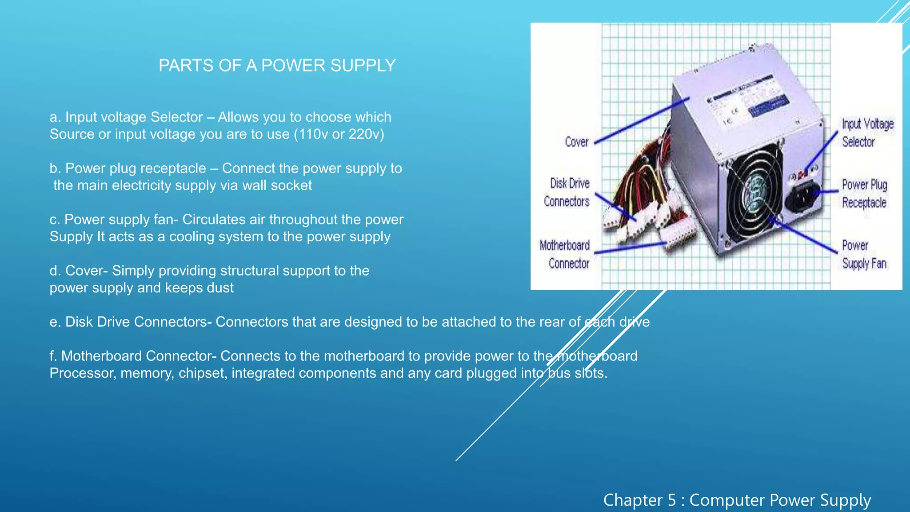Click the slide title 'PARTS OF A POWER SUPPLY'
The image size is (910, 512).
[277, 66]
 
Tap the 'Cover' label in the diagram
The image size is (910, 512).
[576, 142]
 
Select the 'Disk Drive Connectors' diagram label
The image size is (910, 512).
[567, 192]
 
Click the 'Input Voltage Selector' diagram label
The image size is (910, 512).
[867, 133]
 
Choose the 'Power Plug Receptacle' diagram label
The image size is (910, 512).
[864, 194]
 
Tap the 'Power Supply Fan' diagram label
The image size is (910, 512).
[864, 255]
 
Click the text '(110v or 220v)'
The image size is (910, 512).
[339, 134]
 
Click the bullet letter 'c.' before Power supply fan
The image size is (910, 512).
[55, 220]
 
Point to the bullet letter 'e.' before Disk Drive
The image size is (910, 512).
[55, 322]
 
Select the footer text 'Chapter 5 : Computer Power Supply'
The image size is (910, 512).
[737, 500]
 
